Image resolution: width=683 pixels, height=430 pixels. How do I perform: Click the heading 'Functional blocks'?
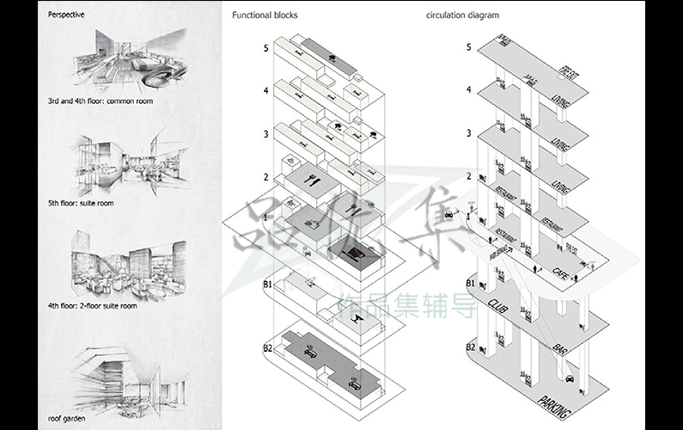pos(259,15)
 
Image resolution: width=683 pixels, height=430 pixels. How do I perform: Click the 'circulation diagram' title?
pos(462,15)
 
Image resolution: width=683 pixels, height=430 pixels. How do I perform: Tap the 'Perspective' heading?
pos(66,15)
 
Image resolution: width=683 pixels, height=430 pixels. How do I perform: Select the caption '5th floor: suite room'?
pos(81,204)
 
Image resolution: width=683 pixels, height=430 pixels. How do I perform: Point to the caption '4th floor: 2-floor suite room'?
pos(93,305)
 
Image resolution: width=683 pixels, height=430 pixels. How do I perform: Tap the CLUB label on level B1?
pos(498,305)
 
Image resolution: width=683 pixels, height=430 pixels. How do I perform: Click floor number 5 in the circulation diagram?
pos(468,46)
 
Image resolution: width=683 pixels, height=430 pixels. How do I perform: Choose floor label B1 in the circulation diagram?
pos(470,283)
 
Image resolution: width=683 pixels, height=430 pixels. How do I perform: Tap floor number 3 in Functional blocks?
pos(266,134)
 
